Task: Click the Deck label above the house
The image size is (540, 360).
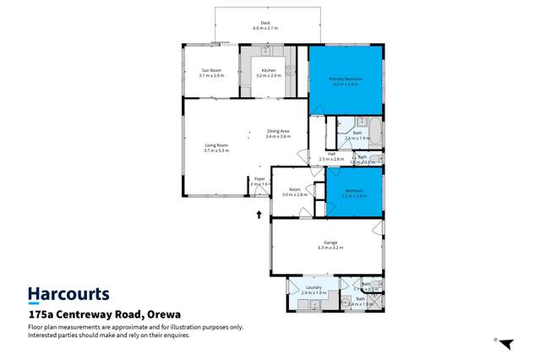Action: [x=265, y=25]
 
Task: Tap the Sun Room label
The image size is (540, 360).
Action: [x=211, y=73]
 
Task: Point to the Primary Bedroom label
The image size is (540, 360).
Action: [x=346, y=81]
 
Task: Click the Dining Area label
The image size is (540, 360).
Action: [x=278, y=133]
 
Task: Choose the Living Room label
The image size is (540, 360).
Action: [x=216, y=148]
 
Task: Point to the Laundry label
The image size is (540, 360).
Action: [x=314, y=290]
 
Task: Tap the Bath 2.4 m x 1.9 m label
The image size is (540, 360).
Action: [x=360, y=300]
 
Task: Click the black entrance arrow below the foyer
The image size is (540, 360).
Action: [x=259, y=214]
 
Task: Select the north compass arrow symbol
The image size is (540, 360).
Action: [x=505, y=343]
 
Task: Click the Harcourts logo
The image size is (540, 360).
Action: [x=68, y=294]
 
